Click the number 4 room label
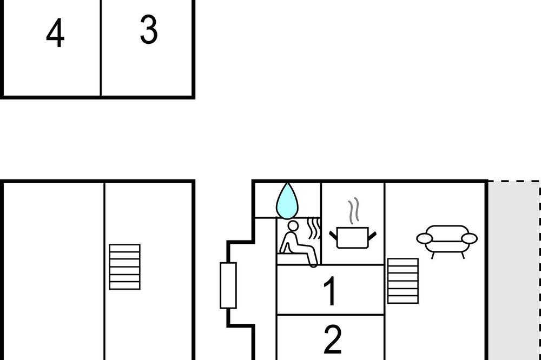pyautogui.click(x=55, y=33)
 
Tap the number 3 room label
pyautogui.click(x=149, y=30)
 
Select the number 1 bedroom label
pyautogui.click(x=331, y=291)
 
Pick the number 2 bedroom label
pyautogui.click(x=333, y=339)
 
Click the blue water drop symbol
pyautogui.click(x=287, y=201)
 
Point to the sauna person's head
pyautogui.click(x=293, y=226)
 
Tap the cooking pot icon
pyautogui.click(x=353, y=237)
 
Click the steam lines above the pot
pyautogui.click(x=354, y=211)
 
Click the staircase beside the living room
pyautogui.click(x=403, y=281)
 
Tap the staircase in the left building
pyautogui.click(x=124, y=267)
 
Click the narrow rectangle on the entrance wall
pyautogui.click(x=228, y=285)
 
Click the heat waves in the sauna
pyautogui.click(x=313, y=228)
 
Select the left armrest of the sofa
pyautogui.click(x=424, y=238)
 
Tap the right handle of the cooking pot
pyautogui.click(x=372, y=236)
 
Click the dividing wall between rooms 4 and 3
pyautogui.click(x=101, y=48)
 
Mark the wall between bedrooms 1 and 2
pyautogui.click(x=331, y=315)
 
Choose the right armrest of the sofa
pyautogui.click(x=470, y=238)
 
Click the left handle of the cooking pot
pyautogui.click(x=333, y=236)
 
